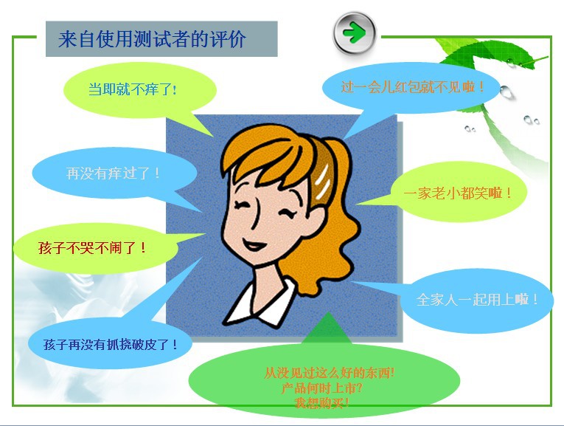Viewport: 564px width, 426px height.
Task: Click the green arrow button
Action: pos(355,33)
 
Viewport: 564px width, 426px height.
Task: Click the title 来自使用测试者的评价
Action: pos(152,39)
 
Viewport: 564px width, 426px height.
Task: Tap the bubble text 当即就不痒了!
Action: pos(133,89)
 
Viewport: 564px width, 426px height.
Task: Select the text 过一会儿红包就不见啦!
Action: pos(412,87)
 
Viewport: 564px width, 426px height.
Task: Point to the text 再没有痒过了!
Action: pos(113,174)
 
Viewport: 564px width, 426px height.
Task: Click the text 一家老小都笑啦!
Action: pos(457,193)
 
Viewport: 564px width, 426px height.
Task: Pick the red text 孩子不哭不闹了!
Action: pos(92,248)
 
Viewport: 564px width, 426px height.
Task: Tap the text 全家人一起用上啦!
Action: pos(477,299)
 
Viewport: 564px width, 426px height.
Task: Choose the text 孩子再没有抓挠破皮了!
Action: pos(111,345)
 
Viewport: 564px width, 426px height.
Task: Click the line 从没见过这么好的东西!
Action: pos(329,373)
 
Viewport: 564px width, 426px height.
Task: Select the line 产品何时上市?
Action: pos(321,388)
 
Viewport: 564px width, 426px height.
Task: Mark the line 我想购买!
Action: pos(321,402)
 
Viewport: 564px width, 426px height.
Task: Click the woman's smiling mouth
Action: pos(254,245)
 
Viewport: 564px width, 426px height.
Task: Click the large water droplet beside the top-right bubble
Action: pos(505,92)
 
